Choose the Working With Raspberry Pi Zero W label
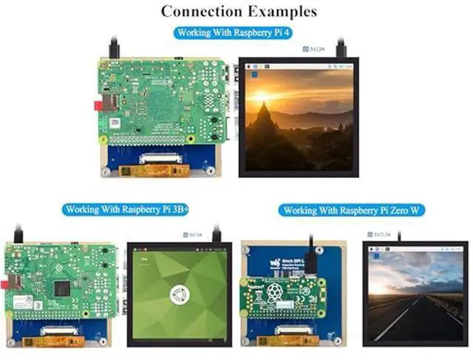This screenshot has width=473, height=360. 353,211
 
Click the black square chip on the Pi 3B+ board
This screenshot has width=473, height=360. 62,288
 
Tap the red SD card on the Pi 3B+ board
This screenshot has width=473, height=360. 7,282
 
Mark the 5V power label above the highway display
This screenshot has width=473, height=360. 381,234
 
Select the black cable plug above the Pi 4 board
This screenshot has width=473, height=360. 115,49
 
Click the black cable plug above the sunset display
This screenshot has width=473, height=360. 341,49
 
